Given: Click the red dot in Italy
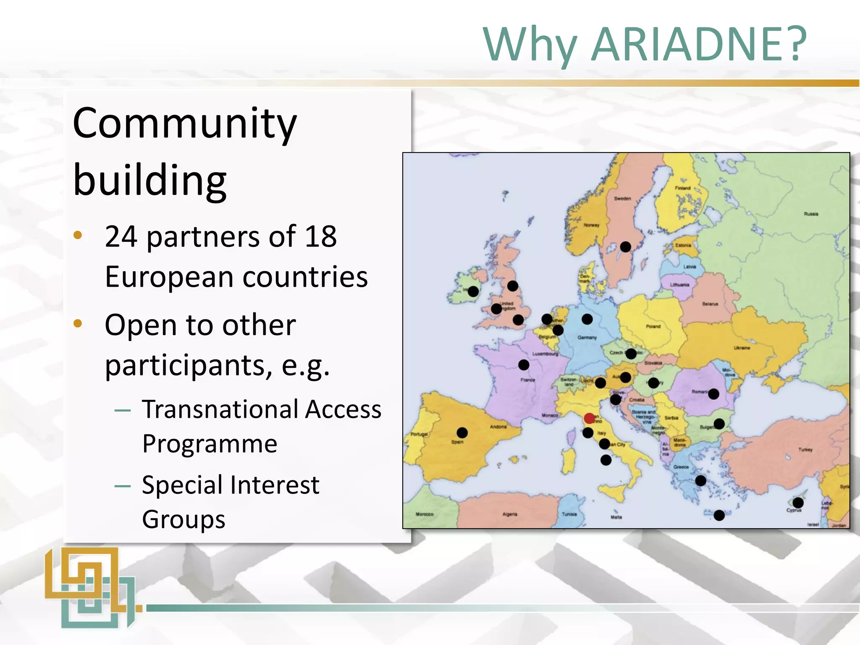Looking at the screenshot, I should [589, 418].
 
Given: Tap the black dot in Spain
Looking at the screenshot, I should [462, 433].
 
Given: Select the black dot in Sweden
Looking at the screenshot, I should [625, 246].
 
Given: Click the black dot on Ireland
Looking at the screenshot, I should [473, 291].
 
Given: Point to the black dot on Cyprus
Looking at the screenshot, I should [798, 503].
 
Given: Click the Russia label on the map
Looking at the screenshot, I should [811, 214].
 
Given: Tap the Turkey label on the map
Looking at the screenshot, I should [805, 450].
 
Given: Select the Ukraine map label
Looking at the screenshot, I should [742, 348].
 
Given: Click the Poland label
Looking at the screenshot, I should [653, 326].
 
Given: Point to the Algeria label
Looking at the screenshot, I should [510, 514].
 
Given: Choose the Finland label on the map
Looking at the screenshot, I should [682, 188].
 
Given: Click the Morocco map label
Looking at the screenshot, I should [424, 514].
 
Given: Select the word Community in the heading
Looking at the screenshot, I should [185, 124].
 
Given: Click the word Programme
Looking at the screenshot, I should [210, 444].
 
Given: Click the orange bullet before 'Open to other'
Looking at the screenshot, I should [78, 323].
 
